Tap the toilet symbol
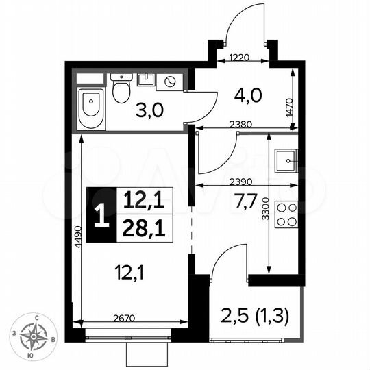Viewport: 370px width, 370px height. click(x=122, y=89)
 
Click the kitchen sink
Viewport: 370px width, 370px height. click(x=286, y=162)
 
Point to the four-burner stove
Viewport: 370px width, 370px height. click(x=286, y=214)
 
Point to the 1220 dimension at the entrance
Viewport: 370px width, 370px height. click(x=240, y=59)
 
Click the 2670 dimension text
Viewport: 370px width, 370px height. click(x=129, y=317)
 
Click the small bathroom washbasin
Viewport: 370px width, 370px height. click(x=146, y=79)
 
